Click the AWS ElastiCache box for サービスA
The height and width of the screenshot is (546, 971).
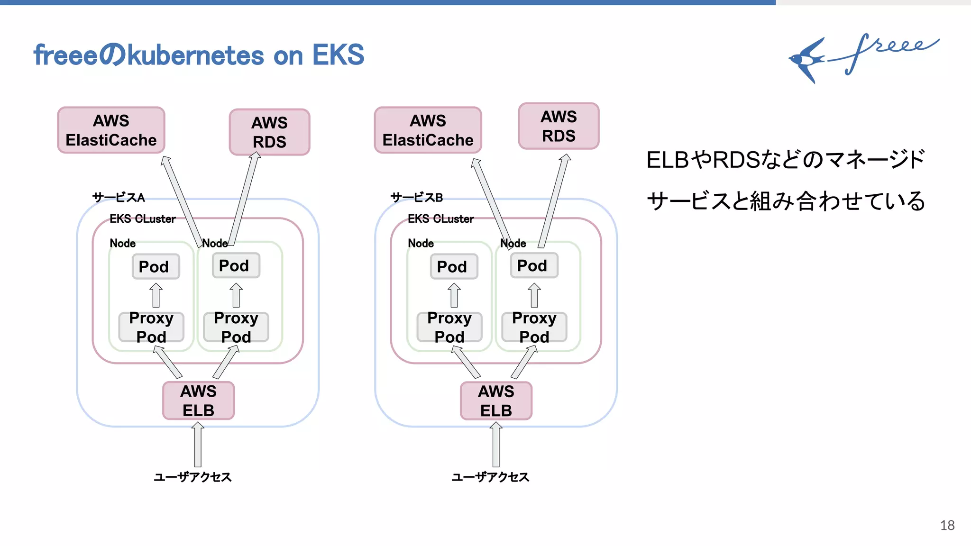111,130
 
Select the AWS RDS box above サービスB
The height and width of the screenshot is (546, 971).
559,126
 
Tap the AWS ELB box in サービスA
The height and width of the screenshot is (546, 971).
198,400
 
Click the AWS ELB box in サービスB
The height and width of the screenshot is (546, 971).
496,400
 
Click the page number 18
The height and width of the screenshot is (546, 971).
947,525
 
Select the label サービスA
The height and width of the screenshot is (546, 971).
119,197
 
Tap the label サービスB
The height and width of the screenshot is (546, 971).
416,197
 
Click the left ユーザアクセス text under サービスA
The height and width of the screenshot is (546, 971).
192,477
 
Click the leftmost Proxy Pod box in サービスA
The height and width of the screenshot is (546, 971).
151,327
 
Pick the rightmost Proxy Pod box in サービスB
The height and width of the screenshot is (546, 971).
534,327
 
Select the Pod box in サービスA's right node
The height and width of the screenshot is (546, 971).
236,265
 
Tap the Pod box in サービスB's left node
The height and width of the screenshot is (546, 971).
454,266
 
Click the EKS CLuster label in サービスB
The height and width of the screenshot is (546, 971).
440,219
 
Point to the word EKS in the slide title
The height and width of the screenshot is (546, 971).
338,55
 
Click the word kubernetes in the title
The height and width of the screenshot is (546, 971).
195,56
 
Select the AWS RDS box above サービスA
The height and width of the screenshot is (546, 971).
269,132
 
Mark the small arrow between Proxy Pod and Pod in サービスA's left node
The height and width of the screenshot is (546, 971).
156,295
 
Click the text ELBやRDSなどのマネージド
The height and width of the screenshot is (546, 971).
785,160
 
